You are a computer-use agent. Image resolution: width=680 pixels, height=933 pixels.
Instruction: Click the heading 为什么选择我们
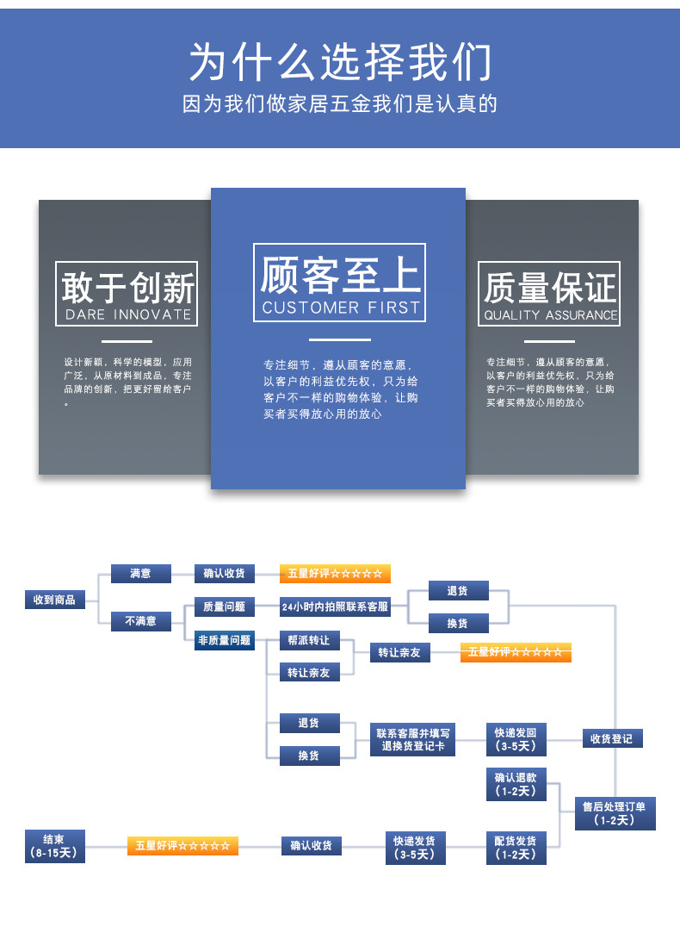[x=340, y=61]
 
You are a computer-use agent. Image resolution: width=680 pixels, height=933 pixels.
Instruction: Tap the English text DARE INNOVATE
[x=128, y=314]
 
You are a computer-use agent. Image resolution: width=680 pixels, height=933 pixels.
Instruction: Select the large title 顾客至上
[x=340, y=275]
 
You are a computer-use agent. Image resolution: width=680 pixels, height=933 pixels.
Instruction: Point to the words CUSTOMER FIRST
[x=340, y=308]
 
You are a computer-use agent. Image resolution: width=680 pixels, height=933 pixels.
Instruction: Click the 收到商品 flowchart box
[x=55, y=600]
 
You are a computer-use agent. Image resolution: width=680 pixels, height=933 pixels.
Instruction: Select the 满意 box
[x=141, y=573]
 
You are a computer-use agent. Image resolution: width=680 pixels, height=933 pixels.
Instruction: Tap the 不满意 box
[x=141, y=620]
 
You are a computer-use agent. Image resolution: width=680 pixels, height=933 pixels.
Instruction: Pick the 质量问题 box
[x=224, y=606]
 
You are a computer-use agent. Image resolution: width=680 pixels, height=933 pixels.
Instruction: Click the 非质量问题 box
[x=224, y=640]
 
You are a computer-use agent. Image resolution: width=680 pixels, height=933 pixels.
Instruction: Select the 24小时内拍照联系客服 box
[x=335, y=606]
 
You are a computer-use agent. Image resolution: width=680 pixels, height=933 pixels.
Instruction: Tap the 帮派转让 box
[x=309, y=640]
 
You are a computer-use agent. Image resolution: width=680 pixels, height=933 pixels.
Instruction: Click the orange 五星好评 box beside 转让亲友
[x=516, y=652]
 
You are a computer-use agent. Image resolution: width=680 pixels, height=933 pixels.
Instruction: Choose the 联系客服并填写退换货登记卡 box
[x=413, y=740]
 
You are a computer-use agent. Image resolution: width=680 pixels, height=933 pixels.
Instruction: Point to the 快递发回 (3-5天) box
[x=516, y=739]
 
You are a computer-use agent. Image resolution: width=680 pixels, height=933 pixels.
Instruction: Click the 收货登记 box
[x=611, y=738]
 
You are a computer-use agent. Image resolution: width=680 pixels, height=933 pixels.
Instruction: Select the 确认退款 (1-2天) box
[x=516, y=784]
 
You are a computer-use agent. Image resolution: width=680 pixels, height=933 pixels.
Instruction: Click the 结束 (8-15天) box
[x=54, y=846]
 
